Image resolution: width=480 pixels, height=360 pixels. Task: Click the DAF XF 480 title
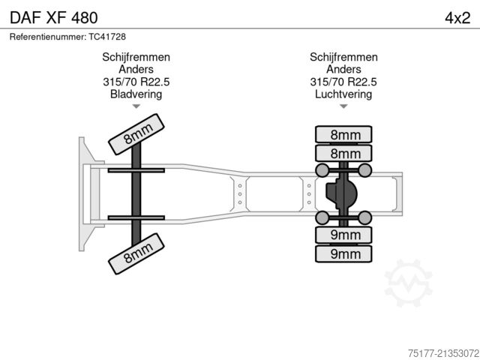53,18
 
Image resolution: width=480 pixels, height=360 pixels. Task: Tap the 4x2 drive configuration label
457,18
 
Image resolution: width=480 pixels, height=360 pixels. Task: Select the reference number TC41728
107,37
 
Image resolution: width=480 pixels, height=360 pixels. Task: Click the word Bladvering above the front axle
136,94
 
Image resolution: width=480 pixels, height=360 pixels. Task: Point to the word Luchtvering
343,94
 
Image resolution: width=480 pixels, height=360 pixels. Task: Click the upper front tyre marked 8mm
136,134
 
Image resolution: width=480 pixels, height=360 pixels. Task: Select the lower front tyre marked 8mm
136,253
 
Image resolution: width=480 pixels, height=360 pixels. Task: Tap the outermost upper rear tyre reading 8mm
343,134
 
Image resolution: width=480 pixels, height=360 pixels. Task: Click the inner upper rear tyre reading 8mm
343,153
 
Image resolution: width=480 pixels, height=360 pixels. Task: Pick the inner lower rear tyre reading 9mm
343,235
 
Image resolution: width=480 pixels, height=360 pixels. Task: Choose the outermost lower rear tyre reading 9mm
343,253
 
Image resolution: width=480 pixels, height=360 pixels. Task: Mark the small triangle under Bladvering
136,106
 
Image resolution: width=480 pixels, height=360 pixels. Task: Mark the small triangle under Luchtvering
343,106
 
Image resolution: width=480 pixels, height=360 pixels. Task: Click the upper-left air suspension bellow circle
322,170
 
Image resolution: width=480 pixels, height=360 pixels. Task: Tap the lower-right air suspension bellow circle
365,217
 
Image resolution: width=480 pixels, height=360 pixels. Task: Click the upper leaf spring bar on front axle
136,170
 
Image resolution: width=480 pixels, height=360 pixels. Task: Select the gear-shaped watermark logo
408,283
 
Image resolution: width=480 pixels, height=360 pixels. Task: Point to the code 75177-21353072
443,353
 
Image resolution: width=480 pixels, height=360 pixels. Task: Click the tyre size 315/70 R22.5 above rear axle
343,82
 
